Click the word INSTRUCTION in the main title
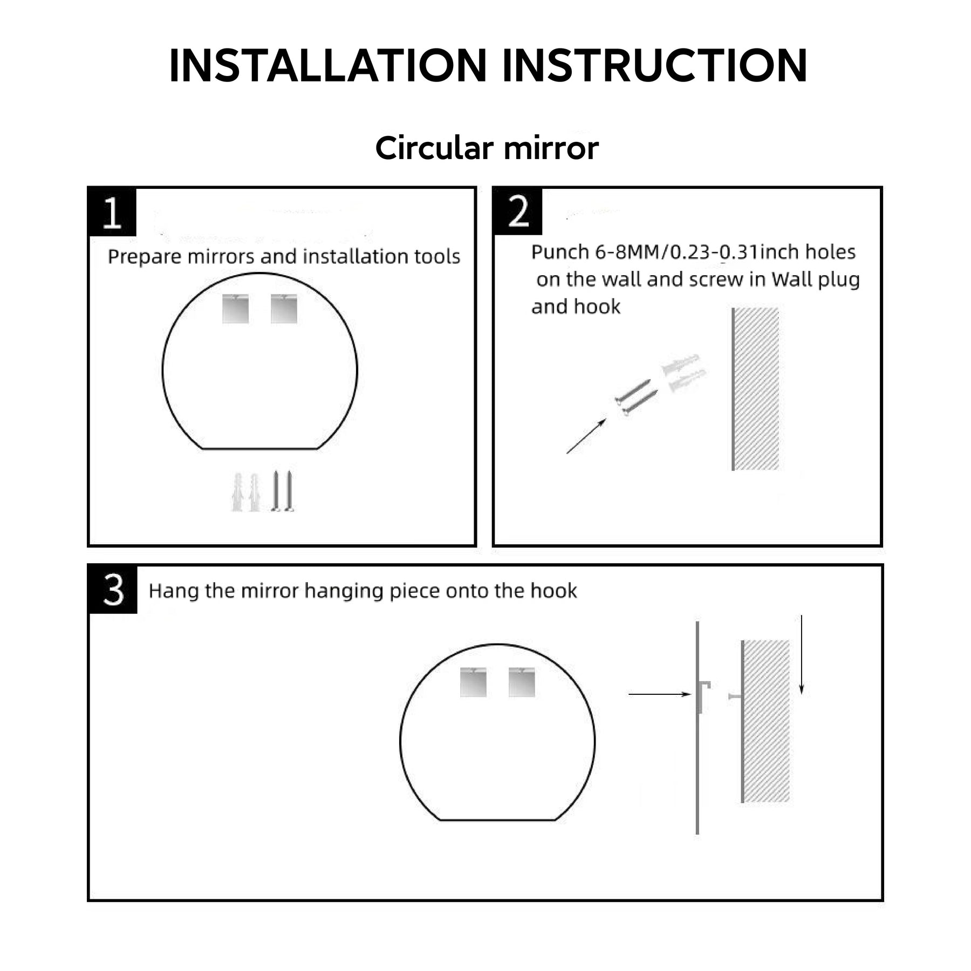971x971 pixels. pyautogui.click(x=655, y=65)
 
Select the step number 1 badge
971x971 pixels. pyautogui.click(x=112, y=211)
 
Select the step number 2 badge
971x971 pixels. pyautogui.click(x=518, y=211)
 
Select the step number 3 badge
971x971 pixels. pyautogui.click(x=113, y=590)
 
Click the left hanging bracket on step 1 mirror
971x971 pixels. pyautogui.click(x=236, y=309)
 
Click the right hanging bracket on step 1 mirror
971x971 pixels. pyautogui.click(x=284, y=309)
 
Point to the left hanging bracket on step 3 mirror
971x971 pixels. pyautogui.click(x=473, y=682)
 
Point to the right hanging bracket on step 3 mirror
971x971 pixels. pyautogui.click(x=522, y=682)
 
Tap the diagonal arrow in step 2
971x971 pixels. pyautogui.click(x=586, y=436)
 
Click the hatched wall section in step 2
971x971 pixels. pyautogui.click(x=755, y=389)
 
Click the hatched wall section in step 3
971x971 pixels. pyautogui.click(x=765, y=721)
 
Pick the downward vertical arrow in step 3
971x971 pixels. pyautogui.click(x=802, y=654)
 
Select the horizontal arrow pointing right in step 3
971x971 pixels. pyautogui.click(x=660, y=694)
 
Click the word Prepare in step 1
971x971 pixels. pyautogui.click(x=145, y=257)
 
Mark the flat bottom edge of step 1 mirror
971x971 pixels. pyautogui.click(x=260, y=448)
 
